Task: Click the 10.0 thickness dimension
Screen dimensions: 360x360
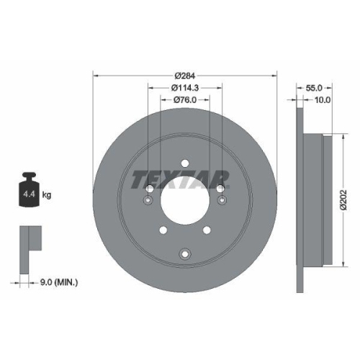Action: click(322, 100)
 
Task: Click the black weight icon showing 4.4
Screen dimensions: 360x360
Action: click(30, 192)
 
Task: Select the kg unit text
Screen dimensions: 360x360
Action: click(46, 195)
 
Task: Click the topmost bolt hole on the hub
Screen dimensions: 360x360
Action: click(184, 163)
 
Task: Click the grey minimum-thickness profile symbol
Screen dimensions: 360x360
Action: click(28, 241)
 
